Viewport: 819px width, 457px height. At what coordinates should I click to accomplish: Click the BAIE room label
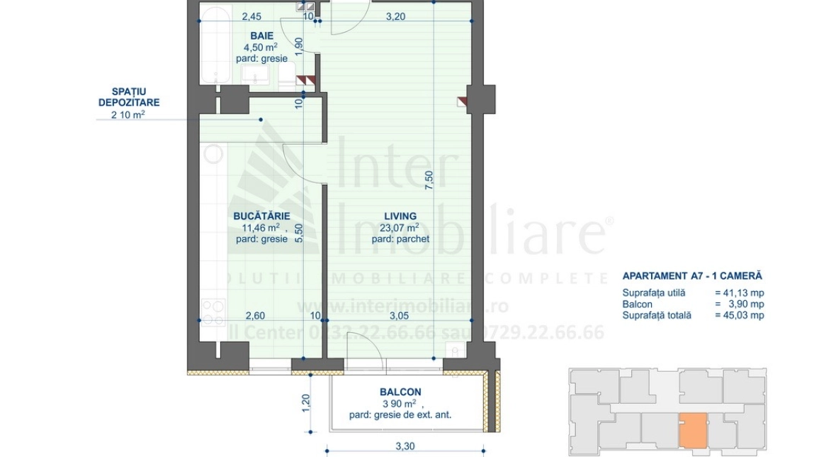(261, 35)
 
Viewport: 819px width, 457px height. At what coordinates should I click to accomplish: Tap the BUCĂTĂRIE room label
(261, 216)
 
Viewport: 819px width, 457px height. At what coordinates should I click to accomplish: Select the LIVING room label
(400, 216)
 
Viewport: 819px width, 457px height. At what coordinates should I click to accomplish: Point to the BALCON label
(400, 392)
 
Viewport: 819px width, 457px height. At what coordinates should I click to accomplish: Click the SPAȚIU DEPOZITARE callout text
(128, 97)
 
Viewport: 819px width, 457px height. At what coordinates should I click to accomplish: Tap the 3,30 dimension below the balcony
(405, 446)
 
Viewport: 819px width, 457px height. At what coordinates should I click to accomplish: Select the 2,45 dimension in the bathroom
(252, 17)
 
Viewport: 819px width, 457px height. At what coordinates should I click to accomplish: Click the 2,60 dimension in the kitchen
(255, 316)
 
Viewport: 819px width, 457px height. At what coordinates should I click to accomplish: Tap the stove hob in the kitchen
(213, 309)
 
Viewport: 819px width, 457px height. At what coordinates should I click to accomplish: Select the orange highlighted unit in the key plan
(693, 430)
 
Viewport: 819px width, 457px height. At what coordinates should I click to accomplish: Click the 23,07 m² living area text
(399, 228)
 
